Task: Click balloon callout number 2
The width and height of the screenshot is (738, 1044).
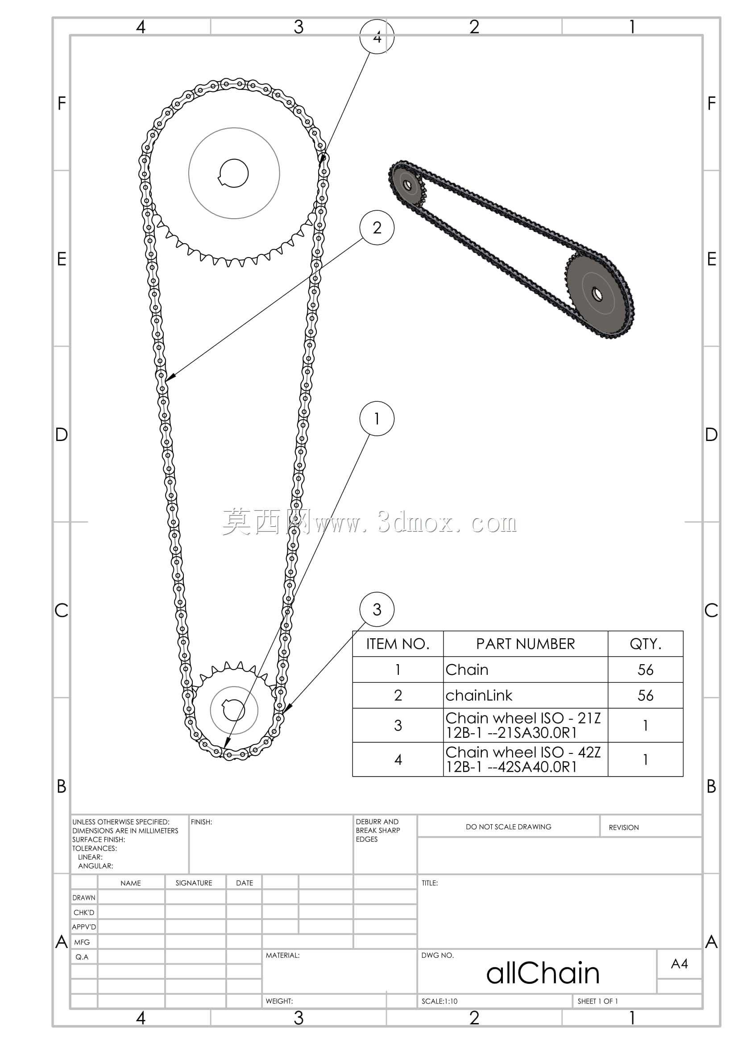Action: coord(377,227)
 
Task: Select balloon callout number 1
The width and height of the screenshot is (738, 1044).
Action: coord(377,418)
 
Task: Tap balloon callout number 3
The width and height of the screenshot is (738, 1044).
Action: coord(377,609)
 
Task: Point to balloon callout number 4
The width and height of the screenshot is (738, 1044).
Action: coord(377,36)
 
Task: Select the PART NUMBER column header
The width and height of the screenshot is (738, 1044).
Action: coord(525,644)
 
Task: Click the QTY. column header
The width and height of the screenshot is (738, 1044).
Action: coord(645,644)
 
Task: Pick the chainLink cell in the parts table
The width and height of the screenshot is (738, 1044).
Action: coord(479,695)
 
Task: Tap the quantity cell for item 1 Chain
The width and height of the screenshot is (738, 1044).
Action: coord(645,670)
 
